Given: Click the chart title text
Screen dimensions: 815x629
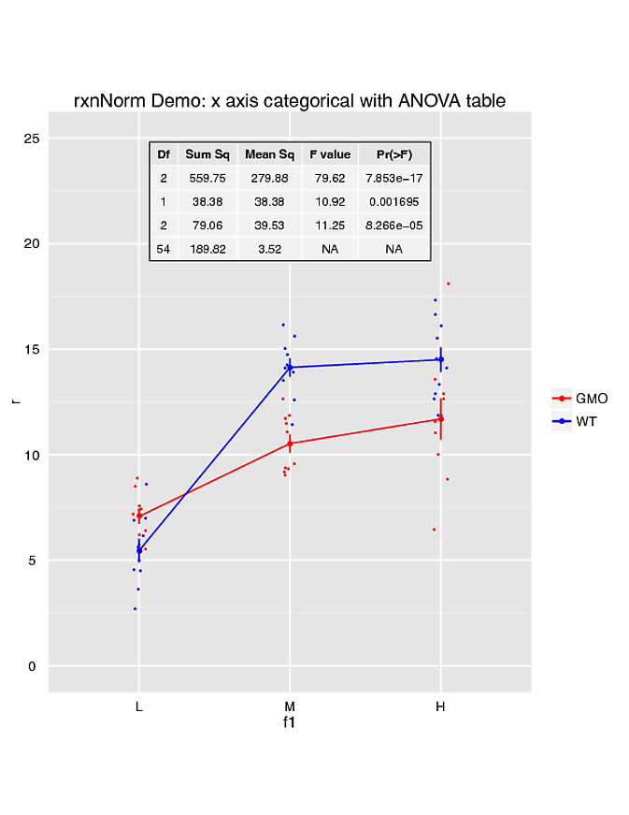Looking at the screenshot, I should coord(290,100).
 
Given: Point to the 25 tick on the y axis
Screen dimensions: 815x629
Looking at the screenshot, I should coord(31,138).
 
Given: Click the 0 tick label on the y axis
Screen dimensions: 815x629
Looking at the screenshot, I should coord(31,666).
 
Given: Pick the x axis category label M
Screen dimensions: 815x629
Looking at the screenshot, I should coord(290,706).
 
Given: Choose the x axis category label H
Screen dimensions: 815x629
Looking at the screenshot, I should coord(440,706).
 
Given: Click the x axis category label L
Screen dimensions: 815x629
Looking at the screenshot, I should coord(138,706).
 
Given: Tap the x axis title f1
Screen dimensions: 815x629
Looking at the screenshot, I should coord(290,722).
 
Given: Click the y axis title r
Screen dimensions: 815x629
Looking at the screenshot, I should coord(14,401).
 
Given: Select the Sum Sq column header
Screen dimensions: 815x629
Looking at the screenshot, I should coord(207,154).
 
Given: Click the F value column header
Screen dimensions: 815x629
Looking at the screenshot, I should coord(330,154).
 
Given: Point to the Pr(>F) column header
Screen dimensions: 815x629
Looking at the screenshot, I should coord(393,154).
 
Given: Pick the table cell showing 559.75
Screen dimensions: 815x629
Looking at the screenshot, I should coord(207,178).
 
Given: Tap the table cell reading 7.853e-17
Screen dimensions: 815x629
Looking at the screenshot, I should coord(393,178).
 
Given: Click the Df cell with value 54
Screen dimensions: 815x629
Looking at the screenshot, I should coord(163,249).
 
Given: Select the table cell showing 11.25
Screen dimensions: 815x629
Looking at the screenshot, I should coord(330,226).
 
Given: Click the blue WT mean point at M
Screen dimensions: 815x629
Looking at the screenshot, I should coord(290,367).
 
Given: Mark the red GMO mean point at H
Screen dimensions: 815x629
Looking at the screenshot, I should coord(440,418).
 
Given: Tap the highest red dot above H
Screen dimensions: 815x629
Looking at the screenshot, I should coord(449,283).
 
